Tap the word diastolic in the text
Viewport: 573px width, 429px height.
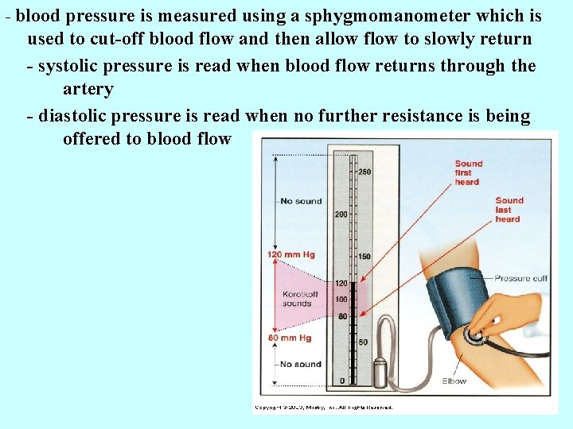click(76, 116)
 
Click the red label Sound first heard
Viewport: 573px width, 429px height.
click(468, 172)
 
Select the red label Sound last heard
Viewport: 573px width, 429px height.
click(508, 210)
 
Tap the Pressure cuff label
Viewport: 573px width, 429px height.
click(520, 278)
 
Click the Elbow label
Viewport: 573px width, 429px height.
click(454, 381)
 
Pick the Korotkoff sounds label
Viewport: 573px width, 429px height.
click(297, 299)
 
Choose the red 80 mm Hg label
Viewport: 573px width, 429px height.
click(289, 338)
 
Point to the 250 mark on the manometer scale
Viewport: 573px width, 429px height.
click(364, 172)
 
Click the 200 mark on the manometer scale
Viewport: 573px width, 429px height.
click(341, 214)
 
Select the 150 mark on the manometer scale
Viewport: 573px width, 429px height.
click(364, 256)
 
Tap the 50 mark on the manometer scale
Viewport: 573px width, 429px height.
click(362, 342)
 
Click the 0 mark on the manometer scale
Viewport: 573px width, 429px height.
click(343, 381)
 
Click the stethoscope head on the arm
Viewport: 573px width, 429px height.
click(476, 336)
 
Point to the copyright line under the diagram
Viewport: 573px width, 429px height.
click(323, 408)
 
